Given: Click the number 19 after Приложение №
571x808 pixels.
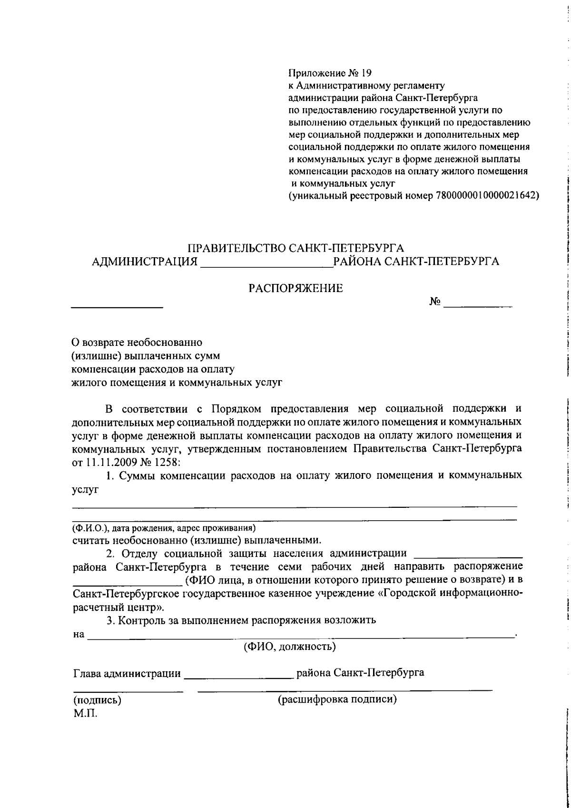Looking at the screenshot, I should [365, 73].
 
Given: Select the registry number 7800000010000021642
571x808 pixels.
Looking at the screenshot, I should [485, 195].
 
